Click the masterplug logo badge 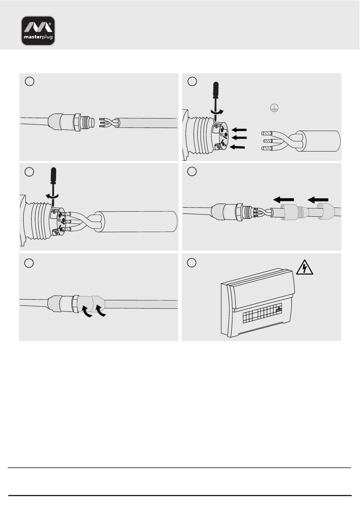tap(38, 31)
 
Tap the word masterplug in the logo tap(38, 37)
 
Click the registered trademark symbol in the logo tap(50, 23)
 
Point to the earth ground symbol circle tap(274, 108)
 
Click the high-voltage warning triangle tap(305, 267)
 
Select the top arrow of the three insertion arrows tap(239, 130)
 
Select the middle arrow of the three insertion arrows tap(239, 137)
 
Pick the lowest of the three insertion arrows tap(237, 147)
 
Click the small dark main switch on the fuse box tap(279, 309)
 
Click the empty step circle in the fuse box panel tap(191, 262)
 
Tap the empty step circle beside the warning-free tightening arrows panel tap(29, 263)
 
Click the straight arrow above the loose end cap tap(318, 200)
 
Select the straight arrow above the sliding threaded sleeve tap(283, 200)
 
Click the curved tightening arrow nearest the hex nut tap(87, 311)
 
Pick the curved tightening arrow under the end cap tap(100, 311)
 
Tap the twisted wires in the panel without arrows tap(109, 123)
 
